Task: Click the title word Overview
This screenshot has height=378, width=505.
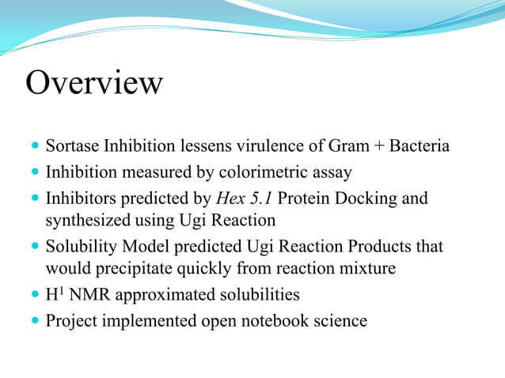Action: point(94,82)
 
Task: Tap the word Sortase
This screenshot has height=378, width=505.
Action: point(73,146)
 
